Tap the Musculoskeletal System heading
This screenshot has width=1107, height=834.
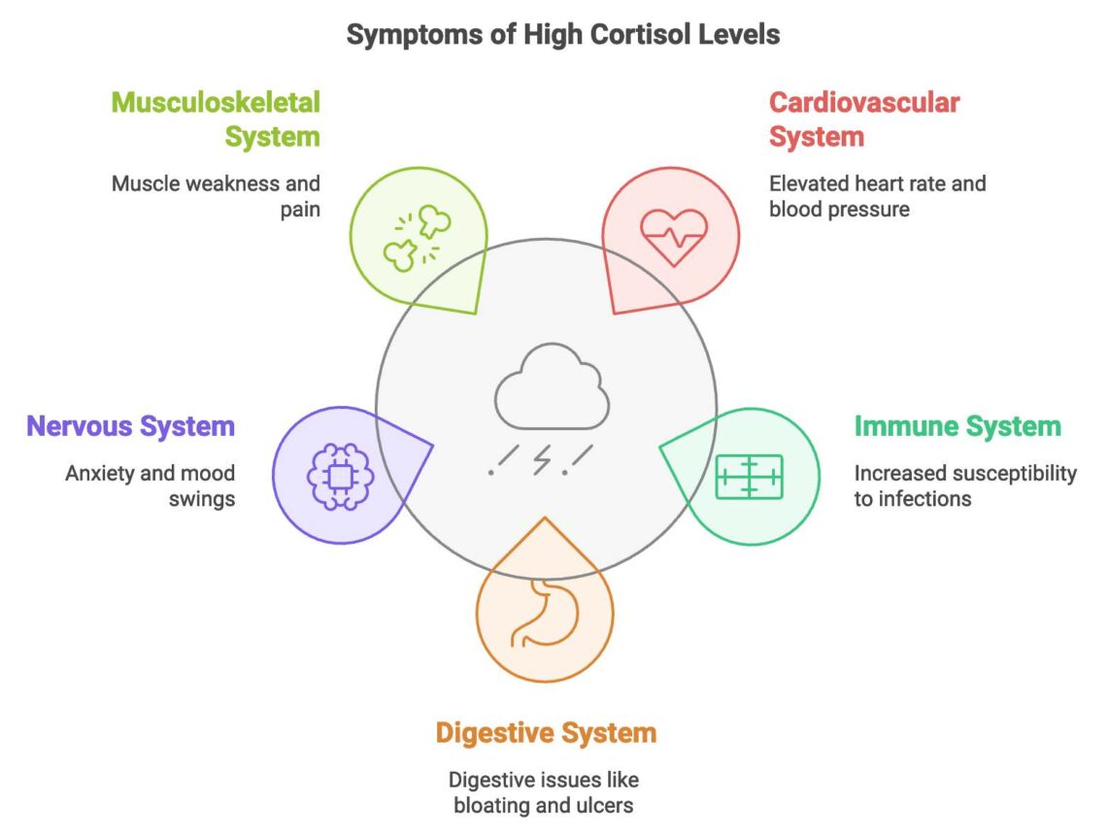point(216,118)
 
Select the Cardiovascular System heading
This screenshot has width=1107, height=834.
point(864,118)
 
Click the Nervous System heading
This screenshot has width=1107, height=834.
point(130,426)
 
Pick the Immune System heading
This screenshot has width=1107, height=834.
point(957,426)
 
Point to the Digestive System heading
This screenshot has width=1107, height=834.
point(546,732)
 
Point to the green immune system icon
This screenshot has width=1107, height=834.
point(749,476)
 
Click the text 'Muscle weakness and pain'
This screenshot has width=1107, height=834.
point(216,195)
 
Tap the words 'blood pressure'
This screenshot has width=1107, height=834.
point(839,208)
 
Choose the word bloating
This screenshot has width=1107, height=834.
point(500,806)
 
